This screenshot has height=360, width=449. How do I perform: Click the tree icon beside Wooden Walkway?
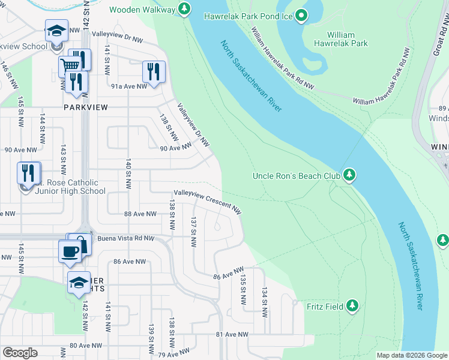tap(185, 10)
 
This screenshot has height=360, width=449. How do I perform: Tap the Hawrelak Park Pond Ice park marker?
tap(302, 16)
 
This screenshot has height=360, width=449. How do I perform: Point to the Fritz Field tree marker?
tap(353, 307)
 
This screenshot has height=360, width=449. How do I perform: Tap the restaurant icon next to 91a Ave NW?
tap(153, 71)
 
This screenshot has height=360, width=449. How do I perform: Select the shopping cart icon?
tap(70, 66)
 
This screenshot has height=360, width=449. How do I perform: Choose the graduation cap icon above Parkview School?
tap(56, 30)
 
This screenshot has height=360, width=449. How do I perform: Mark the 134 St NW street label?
tap(264, 301)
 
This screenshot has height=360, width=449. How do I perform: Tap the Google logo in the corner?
tap(20, 353)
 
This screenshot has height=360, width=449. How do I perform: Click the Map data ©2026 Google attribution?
tap(412, 355)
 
